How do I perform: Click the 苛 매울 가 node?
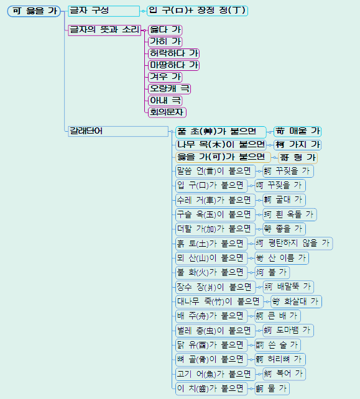tap(298, 131)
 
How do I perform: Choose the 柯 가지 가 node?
tap(298, 145)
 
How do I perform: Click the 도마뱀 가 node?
tap(284, 330)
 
